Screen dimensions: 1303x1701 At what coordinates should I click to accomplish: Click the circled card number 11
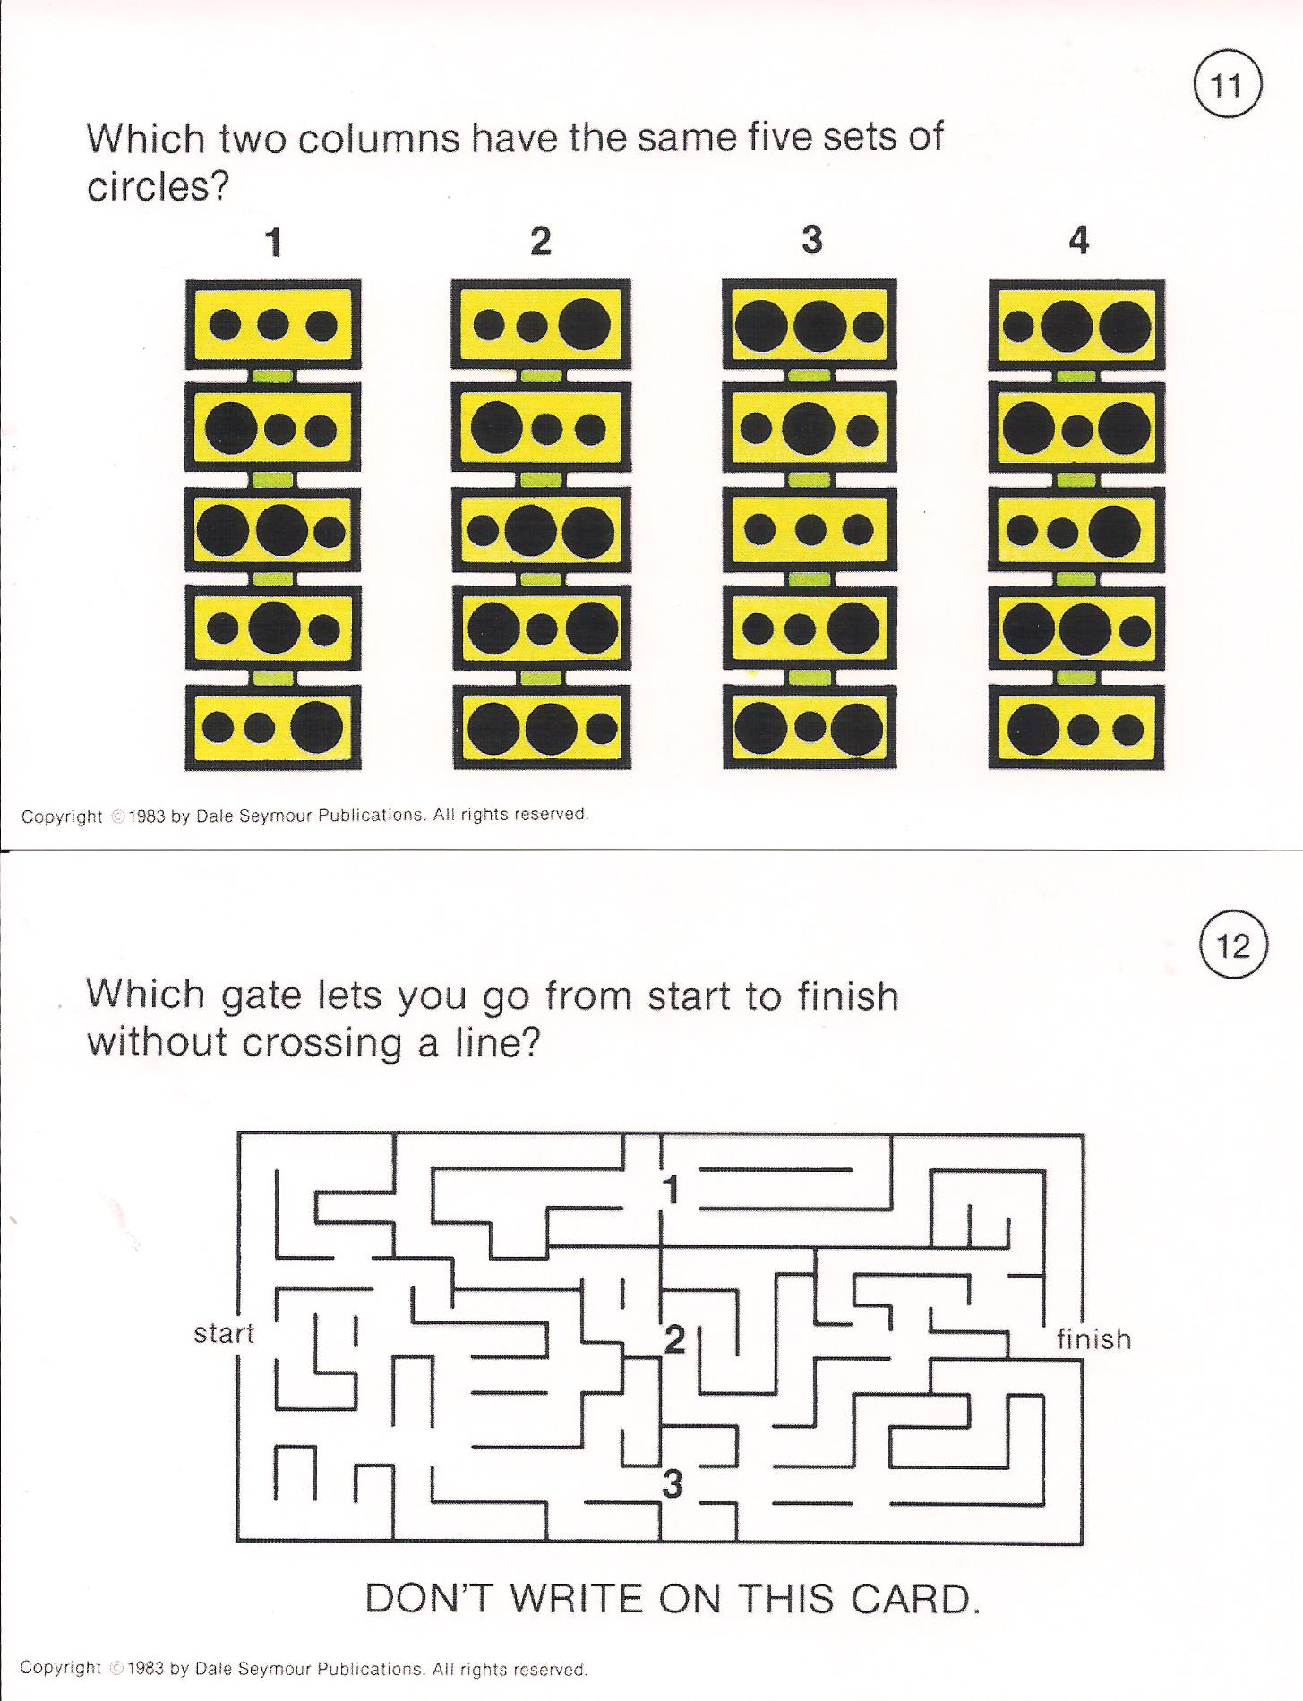1227,87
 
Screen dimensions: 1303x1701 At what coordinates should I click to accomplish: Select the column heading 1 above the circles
275,242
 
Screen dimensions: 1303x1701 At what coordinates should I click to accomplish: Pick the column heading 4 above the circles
1079,240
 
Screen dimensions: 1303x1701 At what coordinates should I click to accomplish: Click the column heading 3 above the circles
811,240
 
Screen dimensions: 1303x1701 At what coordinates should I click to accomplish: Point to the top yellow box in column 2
541,324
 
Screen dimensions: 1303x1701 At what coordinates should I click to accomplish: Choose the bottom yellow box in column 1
274,726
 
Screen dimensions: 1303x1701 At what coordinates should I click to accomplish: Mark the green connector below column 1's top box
273,376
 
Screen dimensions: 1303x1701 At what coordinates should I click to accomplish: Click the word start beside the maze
224,1333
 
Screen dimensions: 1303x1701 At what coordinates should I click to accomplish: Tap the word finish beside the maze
1094,1338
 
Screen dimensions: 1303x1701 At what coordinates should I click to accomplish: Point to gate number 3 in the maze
673,1484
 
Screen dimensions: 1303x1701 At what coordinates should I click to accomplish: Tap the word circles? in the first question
159,186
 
